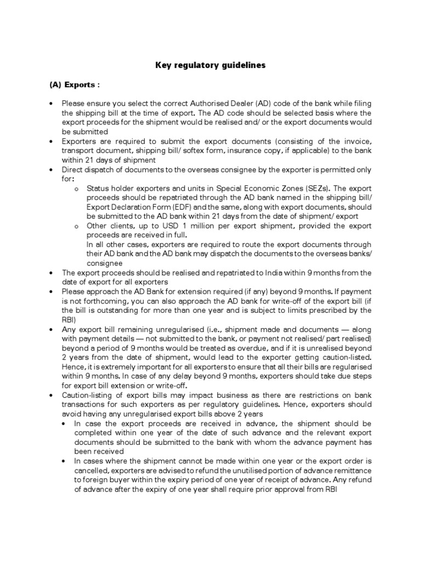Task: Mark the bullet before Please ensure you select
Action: coord(51,103)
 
